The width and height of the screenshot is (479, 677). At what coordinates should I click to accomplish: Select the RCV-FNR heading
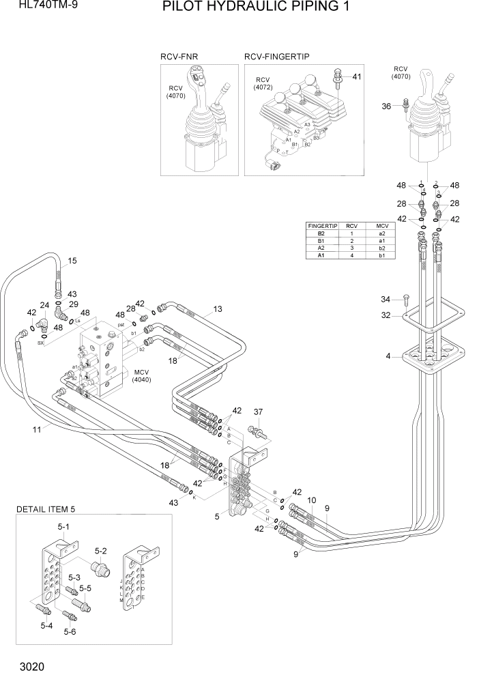(179, 57)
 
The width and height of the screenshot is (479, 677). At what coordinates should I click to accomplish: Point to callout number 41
(356, 76)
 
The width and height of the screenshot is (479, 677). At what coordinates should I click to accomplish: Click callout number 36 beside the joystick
(386, 106)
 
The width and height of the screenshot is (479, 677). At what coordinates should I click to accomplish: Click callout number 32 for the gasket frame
(386, 316)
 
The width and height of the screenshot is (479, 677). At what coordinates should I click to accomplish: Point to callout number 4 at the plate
(388, 355)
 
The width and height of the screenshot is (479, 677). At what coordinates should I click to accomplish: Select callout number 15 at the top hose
(72, 261)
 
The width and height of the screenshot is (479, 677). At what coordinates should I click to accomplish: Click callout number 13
(217, 309)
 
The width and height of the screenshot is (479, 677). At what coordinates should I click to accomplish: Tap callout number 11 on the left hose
(37, 429)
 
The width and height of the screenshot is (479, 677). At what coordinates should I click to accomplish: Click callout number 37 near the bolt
(258, 412)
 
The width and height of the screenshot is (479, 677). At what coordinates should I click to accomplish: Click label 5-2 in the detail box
(101, 550)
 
